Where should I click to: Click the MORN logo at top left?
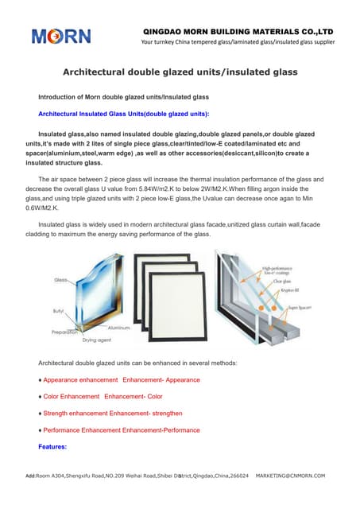pos(61,36)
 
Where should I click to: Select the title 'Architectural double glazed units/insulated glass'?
pos(180,72)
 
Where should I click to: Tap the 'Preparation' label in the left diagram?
pos(66,332)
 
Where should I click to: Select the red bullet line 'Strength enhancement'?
pos(112,414)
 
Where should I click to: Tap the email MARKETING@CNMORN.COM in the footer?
pos(290,476)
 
